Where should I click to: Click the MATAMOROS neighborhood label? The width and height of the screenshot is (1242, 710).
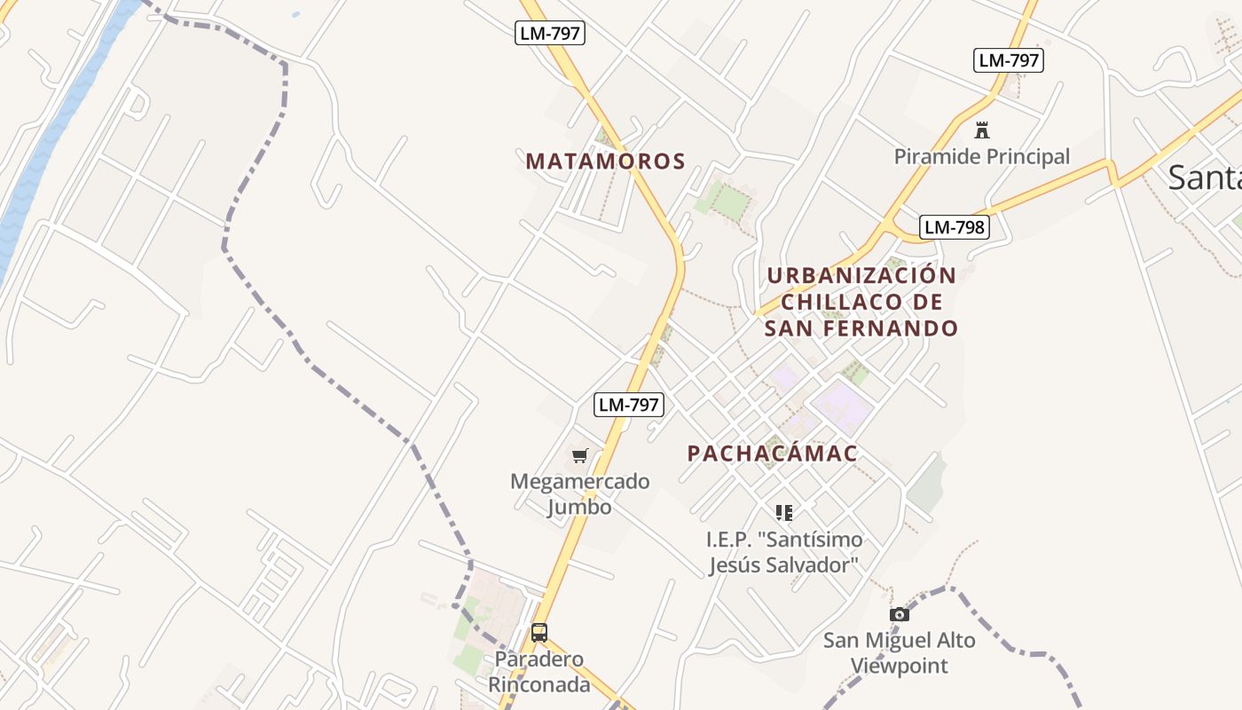605,161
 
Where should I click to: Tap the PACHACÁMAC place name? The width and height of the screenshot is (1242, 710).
772,454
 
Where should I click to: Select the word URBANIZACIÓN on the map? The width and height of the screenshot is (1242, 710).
861,275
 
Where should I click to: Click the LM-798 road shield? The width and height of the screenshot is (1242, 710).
954,227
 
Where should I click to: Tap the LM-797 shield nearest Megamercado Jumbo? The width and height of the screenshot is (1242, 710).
628,405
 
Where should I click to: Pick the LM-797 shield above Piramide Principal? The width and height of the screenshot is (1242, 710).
1008,60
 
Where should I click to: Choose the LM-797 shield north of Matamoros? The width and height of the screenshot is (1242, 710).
550,34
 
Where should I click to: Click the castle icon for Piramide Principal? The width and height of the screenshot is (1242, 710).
981,130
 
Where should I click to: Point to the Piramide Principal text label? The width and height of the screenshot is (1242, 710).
981,157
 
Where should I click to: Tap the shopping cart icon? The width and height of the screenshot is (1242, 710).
579,456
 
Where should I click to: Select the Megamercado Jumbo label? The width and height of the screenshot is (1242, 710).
579,494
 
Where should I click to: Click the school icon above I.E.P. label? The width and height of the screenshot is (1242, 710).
783,512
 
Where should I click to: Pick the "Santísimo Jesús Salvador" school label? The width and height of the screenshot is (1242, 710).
784,552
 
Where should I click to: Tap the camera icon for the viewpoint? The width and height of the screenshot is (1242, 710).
899,614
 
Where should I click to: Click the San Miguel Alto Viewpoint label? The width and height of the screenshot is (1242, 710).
899,652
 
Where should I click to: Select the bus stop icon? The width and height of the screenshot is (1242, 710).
538,633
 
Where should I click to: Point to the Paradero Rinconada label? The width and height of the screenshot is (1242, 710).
538,672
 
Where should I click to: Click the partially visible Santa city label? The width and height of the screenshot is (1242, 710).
1205,177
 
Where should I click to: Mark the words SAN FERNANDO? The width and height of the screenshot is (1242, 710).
861,328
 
